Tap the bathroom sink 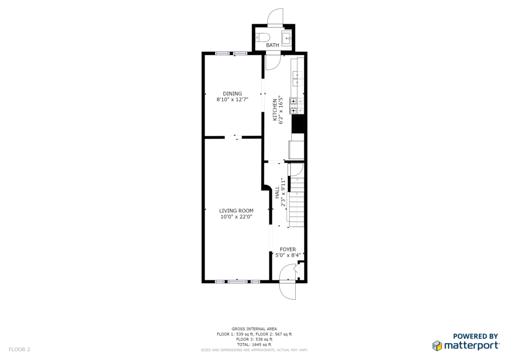click(287, 38)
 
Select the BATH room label click(272, 45)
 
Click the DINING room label click(233, 93)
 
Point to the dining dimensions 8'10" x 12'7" click(233, 99)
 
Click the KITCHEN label click(274, 110)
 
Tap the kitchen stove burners click(297, 106)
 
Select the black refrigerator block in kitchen click(298, 124)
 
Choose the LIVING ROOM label click(236, 211)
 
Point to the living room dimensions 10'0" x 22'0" click(236, 217)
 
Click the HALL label click(277, 192)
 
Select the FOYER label click(288, 249)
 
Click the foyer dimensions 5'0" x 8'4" click(288, 256)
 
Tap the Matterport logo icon click(437, 346)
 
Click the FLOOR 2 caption click(19, 350)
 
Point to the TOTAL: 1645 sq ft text click(254, 345)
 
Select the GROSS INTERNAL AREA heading click(254, 329)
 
